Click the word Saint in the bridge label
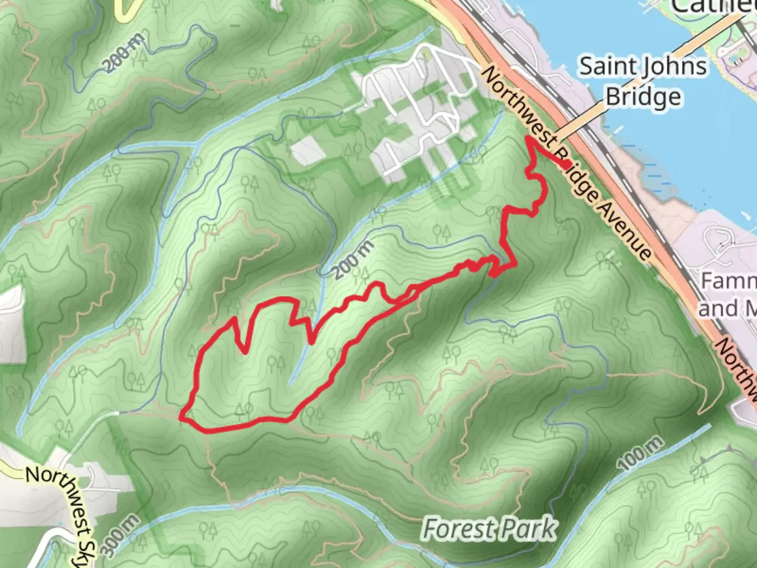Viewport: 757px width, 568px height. [606, 67]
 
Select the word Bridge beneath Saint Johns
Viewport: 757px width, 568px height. [643, 97]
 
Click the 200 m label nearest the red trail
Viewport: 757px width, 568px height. [354, 260]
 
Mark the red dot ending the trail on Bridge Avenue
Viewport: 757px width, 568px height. [565, 165]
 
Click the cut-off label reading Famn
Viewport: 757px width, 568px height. [729, 281]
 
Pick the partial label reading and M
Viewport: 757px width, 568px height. [728, 308]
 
